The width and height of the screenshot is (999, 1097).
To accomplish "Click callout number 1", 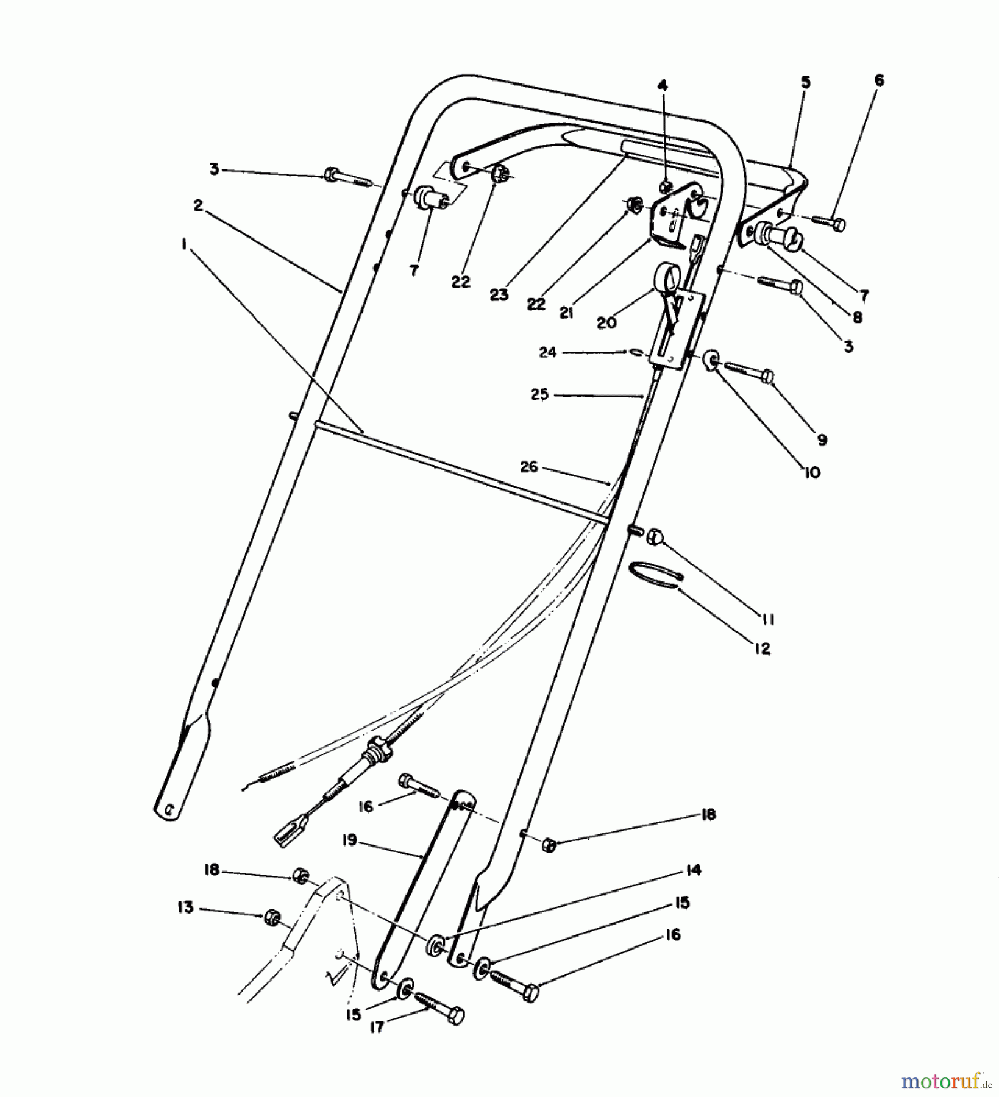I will (x=182, y=244).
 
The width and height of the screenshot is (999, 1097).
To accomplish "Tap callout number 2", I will (x=198, y=206).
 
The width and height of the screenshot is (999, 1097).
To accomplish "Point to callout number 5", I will (x=806, y=83).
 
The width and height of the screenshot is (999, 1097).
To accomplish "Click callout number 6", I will (x=878, y=80).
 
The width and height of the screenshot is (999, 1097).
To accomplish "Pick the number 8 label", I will (x=858, y=317).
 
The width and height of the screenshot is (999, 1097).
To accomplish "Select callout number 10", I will (x=812, y=472).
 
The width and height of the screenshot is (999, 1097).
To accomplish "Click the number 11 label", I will (x=767, y=620).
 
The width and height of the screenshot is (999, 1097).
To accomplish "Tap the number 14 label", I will (x=692, y=870).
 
